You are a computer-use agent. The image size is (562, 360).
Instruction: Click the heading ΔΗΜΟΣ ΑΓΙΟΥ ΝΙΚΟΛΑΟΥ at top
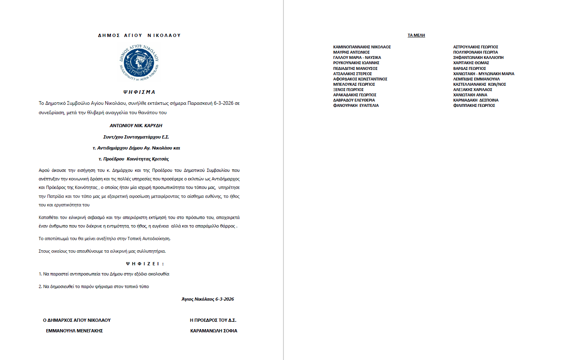point(139,35)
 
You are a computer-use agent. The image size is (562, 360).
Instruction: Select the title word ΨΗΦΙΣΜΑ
point(139,92)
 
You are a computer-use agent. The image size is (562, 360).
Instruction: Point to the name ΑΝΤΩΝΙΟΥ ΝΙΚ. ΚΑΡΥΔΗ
point(136,126)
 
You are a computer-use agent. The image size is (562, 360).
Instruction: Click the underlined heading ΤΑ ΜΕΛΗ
point(416,35)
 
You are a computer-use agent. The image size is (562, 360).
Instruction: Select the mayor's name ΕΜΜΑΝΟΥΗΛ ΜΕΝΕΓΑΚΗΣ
point(74,331)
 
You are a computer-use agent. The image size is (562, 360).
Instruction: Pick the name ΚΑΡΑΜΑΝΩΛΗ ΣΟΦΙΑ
point(214,331)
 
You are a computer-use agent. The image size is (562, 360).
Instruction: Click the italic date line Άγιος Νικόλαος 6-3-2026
point(208,299)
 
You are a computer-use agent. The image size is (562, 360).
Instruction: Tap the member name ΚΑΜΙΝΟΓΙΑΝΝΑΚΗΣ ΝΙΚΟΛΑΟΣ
point(362,47)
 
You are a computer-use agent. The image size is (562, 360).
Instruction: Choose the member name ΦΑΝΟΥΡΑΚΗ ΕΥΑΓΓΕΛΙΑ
point(356,106)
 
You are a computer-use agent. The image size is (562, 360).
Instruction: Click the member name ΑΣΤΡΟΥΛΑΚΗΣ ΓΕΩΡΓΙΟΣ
point(476,47)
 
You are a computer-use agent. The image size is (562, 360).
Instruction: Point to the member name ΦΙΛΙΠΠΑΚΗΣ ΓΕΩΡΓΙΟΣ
point(474,106)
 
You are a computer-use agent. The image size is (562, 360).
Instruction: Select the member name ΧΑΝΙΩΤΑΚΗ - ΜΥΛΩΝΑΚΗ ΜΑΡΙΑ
point(484,74)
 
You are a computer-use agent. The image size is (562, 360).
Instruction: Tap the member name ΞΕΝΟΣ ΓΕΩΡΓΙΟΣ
point(348,90)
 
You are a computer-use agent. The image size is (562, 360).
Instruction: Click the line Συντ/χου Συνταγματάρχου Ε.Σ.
point(136,137)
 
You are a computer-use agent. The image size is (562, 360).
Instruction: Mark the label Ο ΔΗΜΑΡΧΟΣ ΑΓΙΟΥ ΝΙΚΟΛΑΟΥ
point(77,320)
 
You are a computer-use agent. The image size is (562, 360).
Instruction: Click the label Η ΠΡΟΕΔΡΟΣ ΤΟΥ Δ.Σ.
point(213,320)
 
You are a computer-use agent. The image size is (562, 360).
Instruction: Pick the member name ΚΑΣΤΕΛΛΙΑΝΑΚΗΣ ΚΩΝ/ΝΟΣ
point(480,85)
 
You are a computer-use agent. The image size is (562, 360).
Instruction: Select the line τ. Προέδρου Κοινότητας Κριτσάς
point(134,159)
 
